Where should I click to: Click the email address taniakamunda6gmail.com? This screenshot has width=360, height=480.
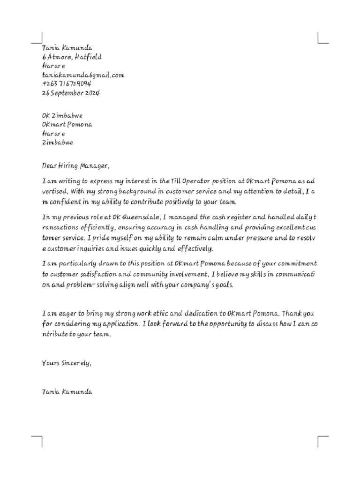click(x=83, y=75)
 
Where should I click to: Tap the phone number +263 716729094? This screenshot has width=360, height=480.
click(x=67, y=84)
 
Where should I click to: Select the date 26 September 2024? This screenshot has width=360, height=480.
click(x=71, y=93)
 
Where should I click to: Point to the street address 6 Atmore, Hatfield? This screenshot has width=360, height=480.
click(x=72, y=57)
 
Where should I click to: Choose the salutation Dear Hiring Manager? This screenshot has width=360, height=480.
click(x=75, y=166)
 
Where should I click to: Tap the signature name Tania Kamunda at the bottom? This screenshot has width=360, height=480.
click(x=67, y=391)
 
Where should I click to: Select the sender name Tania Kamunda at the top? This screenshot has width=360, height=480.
click(x=67, y=48)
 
